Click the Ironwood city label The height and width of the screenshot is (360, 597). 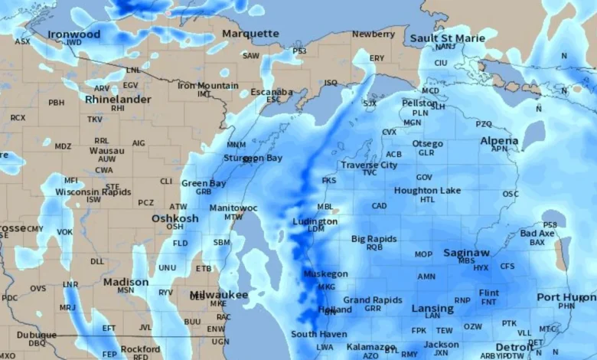[73, 34]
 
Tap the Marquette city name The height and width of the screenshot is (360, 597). [250, 34]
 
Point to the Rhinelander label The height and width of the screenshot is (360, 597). [118, 100]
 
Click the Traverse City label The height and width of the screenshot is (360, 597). [369, 165]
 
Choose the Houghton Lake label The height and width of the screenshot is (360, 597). [427, 190]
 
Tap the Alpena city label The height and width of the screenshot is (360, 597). [499, 141]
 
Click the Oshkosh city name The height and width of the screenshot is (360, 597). [175, 218]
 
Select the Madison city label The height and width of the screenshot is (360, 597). [126, 282]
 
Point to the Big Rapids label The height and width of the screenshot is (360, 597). [374, 239]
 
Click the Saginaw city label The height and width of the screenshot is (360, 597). [466, 252]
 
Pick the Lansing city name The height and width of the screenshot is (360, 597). [432, 308]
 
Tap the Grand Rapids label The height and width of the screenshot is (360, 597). [372, 299]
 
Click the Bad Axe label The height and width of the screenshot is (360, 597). [537, 233]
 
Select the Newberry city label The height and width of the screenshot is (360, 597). [374, 34]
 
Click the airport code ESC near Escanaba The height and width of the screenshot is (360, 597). [273, 100]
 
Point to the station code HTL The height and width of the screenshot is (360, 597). [427, 199]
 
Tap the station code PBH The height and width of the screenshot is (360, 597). [57, 102]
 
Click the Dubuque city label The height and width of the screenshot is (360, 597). [37, 335]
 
